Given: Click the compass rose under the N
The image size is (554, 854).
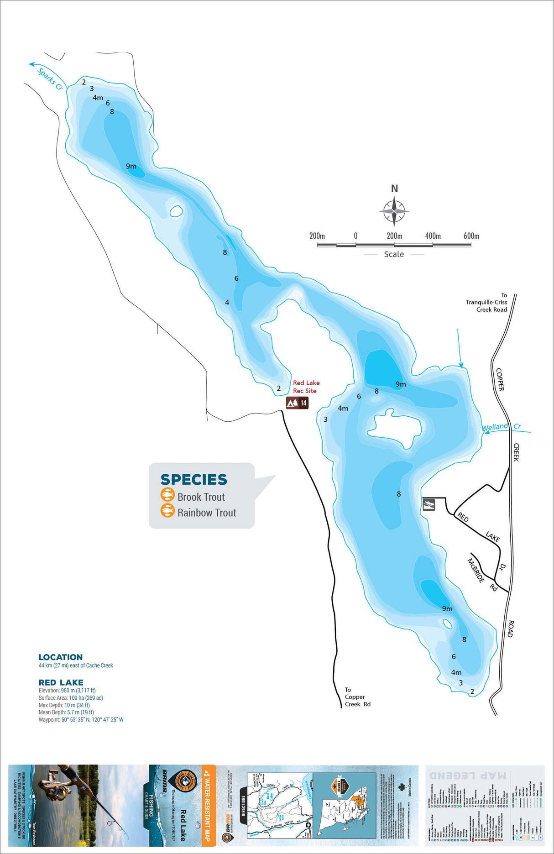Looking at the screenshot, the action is (394, 211).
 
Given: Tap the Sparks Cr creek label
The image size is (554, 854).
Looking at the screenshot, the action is (50, 79).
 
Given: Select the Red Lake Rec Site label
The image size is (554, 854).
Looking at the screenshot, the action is (306, 387).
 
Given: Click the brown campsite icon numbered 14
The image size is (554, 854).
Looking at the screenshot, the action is (297, 403).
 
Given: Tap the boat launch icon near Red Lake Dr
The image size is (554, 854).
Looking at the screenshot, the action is (429, 504).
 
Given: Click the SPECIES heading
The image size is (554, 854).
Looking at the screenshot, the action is (193, 479).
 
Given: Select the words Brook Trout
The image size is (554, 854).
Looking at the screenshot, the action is (201, 497).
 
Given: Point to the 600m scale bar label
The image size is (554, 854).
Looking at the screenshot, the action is (471, 236).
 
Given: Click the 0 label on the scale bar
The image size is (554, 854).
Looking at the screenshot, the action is (355, 236).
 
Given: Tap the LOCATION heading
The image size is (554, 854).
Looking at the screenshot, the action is (61, 657).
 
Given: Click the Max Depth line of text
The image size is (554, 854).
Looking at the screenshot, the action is (64, 705).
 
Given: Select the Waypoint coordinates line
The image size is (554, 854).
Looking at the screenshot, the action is (81, 719).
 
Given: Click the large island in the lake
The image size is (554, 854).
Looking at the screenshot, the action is (395, 428).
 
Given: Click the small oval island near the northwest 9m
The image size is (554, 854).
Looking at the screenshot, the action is (176, 211).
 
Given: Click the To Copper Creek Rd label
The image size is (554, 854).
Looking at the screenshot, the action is (357, 697).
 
